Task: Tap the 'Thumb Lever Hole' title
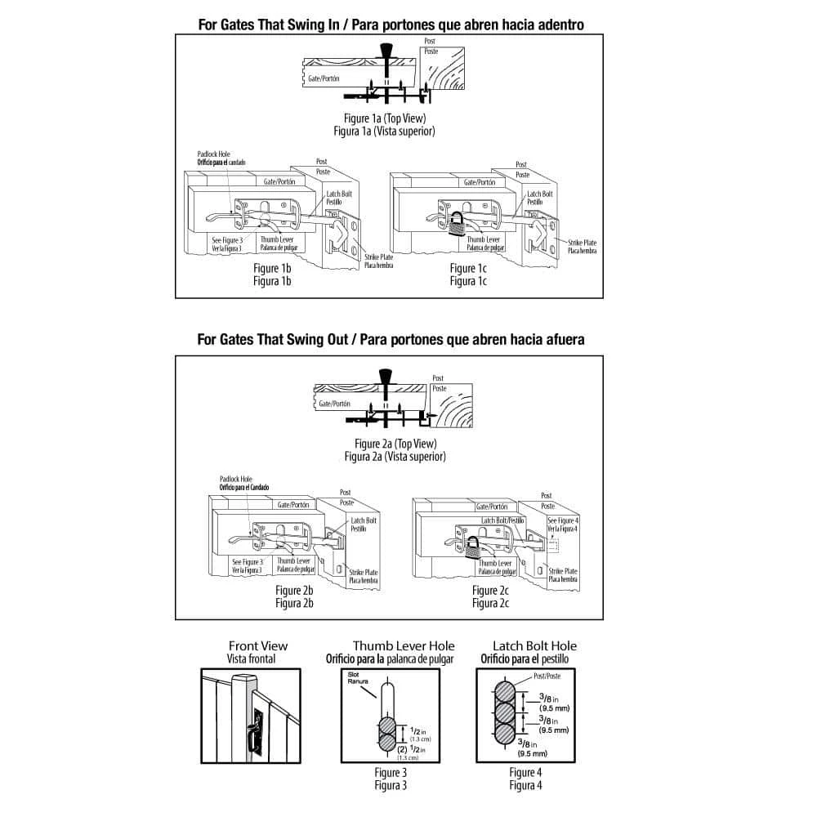pyautogui.click(x=404, y=645)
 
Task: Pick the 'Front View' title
pyautogui.click(x=258, y=645)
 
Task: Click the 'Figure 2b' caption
pyautogui.click(x=294, y=591)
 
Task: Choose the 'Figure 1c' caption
pyautogui.click(x=468, y=268)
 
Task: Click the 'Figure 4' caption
pyautogui.click(x=525, y=772)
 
